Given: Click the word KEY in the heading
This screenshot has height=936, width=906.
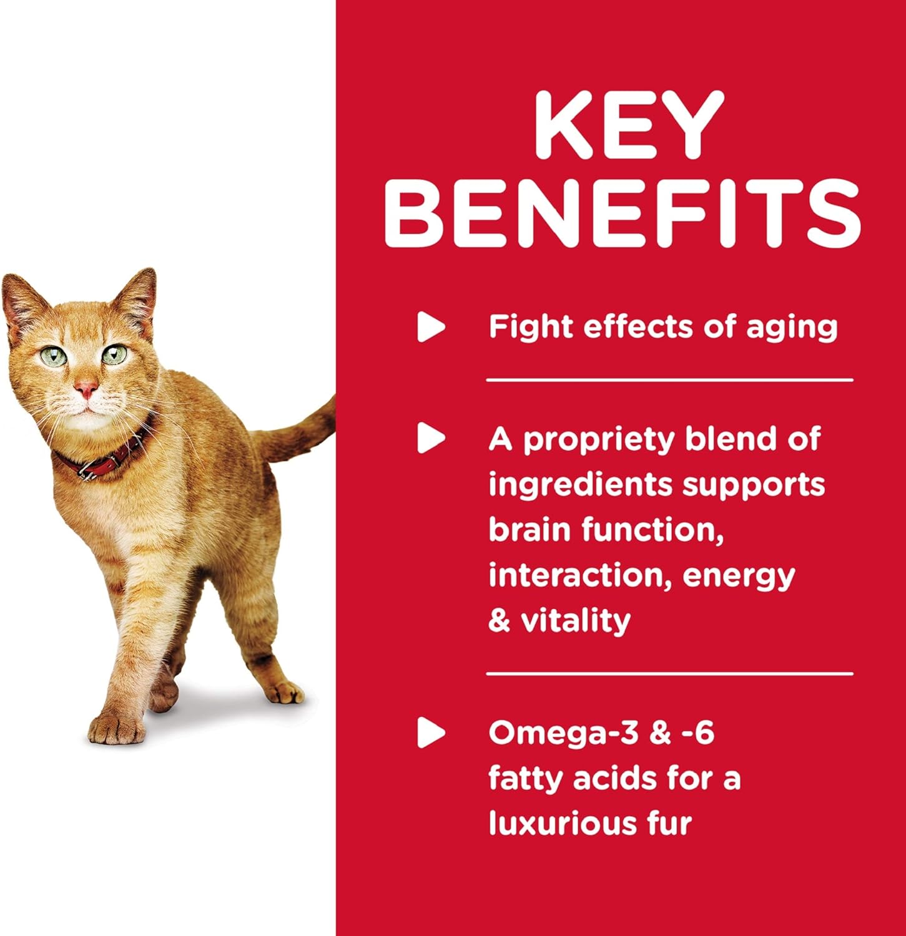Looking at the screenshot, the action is (629, 125).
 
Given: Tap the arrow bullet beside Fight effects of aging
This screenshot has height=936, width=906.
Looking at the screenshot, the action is (431, 327).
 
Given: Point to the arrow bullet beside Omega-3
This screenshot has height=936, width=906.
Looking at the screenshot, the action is (431, 733).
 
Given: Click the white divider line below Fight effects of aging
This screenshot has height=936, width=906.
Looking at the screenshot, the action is (669, 379).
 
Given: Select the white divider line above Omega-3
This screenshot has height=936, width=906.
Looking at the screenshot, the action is (669, 674).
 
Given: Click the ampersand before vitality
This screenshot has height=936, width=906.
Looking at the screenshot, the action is (500, 621).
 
